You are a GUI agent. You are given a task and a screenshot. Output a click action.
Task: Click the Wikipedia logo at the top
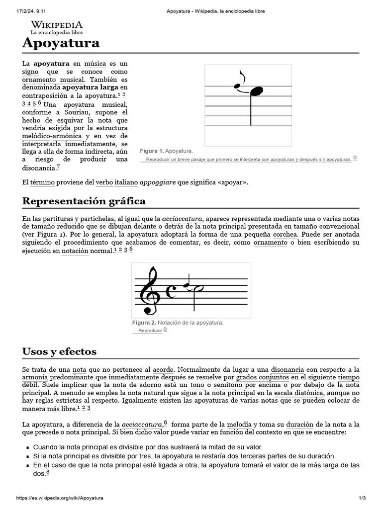pyautogui.click(x=57, y=27)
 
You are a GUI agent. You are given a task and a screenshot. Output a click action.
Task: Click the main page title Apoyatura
pyautogui.click(x=61, y=43)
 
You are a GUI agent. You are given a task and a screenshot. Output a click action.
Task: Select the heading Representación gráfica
pyautogui.click(x=84, y=201)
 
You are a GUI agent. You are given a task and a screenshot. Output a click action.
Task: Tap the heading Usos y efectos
pyautogui.click(x=59, y=352)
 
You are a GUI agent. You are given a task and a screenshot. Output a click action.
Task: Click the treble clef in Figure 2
pyautogui.click(x=149, y=291)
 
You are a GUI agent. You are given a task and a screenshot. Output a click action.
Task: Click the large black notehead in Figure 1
pyautogui.click(x=257, y=91)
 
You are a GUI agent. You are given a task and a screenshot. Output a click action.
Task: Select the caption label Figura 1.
pyautogui.click(x=151, y=151)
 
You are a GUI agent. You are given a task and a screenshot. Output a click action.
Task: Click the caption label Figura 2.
pyautogui.click(x=144, y=323)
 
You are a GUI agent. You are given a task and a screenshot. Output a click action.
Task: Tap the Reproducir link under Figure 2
pyautogui.click(x=150, y=331)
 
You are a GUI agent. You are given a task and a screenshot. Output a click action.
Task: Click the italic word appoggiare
pyautogui.click(x=157, y=182)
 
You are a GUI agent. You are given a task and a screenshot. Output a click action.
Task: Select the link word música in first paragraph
pyautogui.click(x=95, y=64)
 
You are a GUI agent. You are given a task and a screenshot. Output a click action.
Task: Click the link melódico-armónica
pyautogui.click(x=52, y=136)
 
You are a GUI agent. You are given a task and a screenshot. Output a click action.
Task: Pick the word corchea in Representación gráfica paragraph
pyautogui.click(x=285, y=234)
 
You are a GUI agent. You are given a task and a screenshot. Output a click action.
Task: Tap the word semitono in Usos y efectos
pyautogui.click(x=228, y=385)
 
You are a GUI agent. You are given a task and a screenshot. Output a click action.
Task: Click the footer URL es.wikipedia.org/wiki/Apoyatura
pyautogui.click(x=60, y=498)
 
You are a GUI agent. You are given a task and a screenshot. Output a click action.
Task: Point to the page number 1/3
pyautogui.click(x=362, y=498)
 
